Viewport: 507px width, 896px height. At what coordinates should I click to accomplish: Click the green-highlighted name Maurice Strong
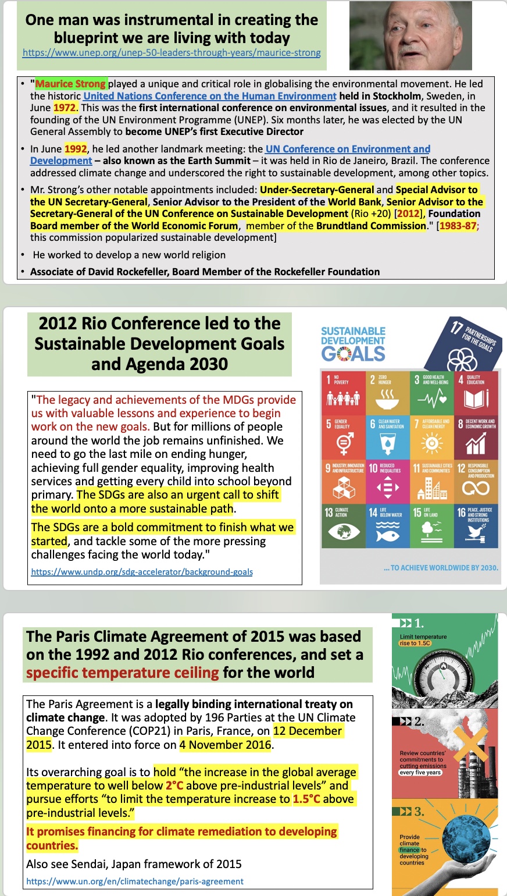pyautogui.click(x=70, y=84)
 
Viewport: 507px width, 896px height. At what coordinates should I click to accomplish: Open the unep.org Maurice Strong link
pyautogui.click(x=172, y=52)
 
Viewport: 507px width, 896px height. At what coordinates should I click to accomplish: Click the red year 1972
pyautogui.click(x=65, y=108)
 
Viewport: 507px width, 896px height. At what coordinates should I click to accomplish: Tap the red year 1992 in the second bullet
pyautogui.click(x=76, y=149)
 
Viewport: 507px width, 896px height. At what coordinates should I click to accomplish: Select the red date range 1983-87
pyautogui.click(x=459, y=226)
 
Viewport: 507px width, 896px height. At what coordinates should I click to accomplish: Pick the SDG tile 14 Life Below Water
pyautogui.click(x=387, y=526)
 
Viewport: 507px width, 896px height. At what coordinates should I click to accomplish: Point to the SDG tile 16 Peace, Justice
pyautogui.click(x=476, y=526)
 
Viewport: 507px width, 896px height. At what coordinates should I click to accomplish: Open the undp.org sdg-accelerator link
pyautogui.click(x=142, y=572)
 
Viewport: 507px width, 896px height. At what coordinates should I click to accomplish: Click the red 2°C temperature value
pyautogui.click(x=174, y=785)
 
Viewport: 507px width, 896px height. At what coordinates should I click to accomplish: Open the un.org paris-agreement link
pyautogui.click(x=135, y=881)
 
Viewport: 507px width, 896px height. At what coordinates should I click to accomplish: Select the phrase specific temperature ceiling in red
pyautogui.click(x=122, y=673)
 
